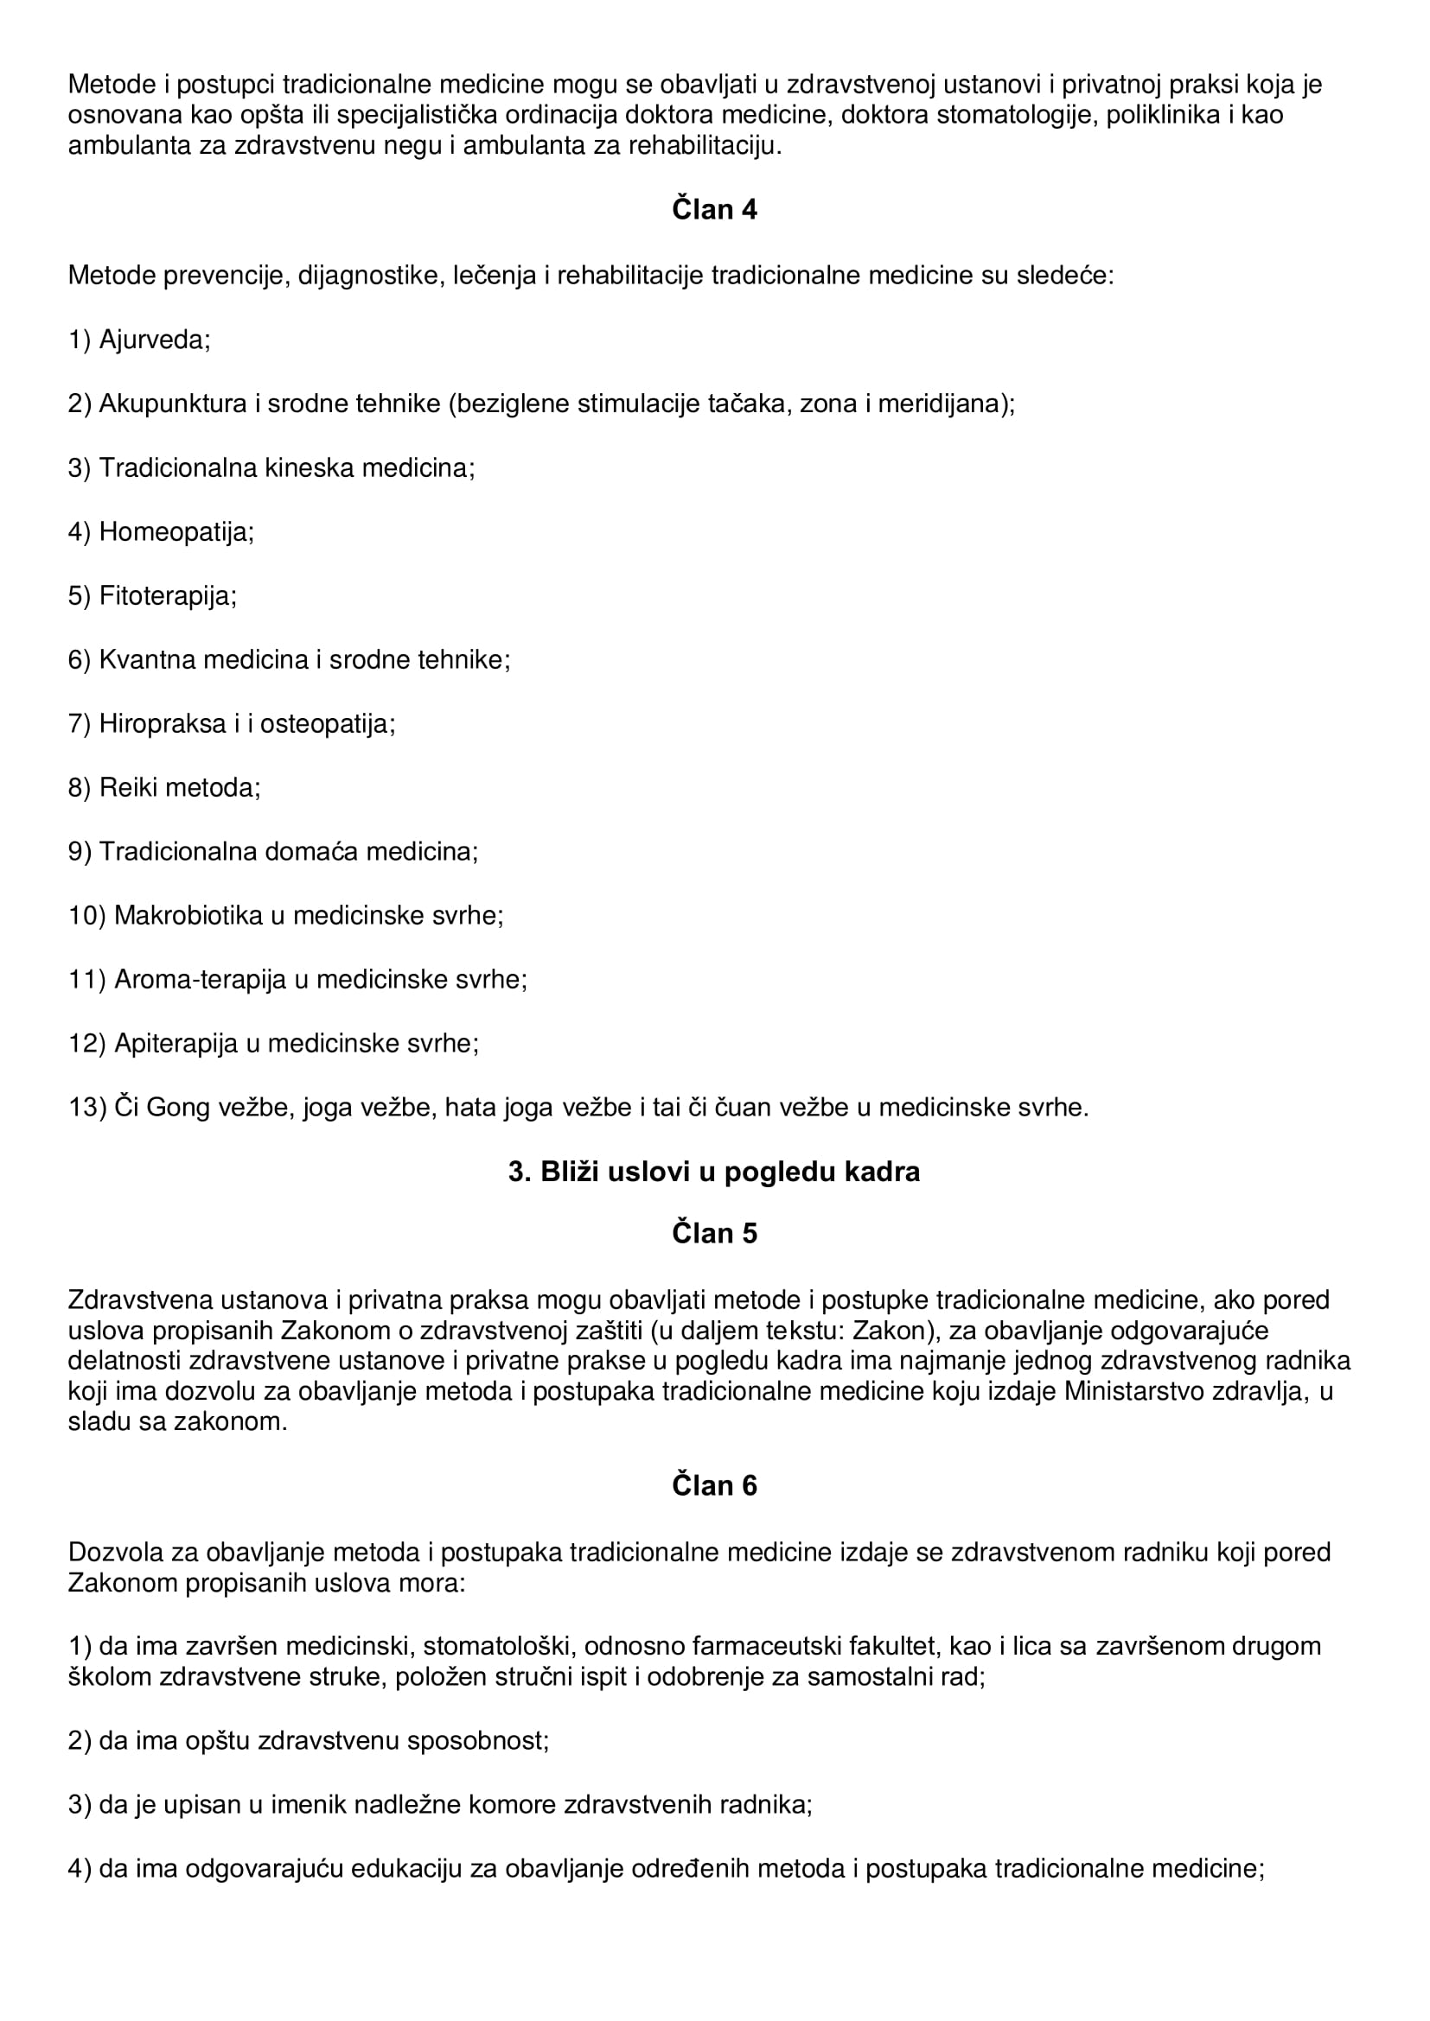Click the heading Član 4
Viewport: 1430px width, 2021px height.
714,210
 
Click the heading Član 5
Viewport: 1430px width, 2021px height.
714,1233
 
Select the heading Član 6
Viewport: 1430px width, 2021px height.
714,1485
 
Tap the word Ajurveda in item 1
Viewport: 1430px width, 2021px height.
154,340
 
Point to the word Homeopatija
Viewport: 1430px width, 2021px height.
176,531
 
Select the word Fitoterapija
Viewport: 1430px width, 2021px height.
168,596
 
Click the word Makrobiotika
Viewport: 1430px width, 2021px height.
188,915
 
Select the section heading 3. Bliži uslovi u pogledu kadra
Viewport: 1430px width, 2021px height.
714,1172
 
